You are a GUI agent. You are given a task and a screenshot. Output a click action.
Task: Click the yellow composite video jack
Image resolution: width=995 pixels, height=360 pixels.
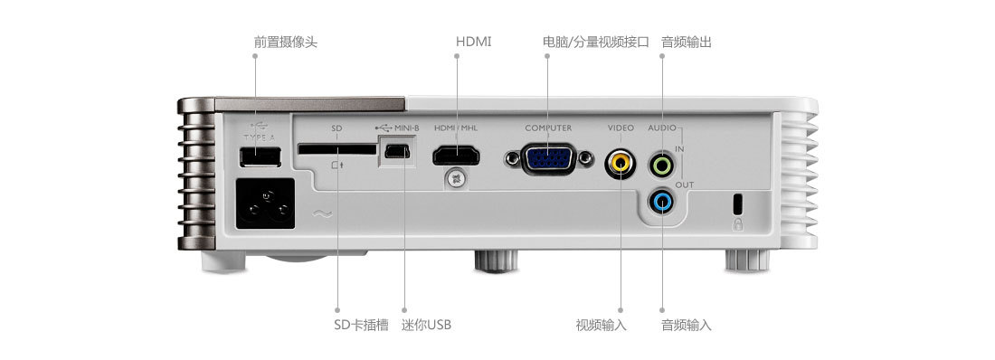621,164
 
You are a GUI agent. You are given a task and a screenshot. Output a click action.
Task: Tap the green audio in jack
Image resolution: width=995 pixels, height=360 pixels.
662,165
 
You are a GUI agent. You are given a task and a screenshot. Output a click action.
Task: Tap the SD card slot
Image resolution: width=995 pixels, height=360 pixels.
335,148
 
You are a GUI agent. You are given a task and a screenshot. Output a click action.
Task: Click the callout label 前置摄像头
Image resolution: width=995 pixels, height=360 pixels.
285,42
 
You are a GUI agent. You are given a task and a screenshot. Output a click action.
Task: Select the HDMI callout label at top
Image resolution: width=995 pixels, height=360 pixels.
474,42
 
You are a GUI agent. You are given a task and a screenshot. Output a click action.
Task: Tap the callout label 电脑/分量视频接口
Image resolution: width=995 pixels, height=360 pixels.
595,42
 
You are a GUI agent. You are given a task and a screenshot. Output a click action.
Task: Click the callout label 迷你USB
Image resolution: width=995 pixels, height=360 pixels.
426,324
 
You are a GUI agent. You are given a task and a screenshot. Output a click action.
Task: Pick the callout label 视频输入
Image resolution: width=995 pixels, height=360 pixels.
601,324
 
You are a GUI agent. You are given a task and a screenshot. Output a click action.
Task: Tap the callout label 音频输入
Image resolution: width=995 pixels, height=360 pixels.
686,324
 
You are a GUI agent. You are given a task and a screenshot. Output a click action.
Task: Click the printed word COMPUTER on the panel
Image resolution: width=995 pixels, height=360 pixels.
548,128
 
